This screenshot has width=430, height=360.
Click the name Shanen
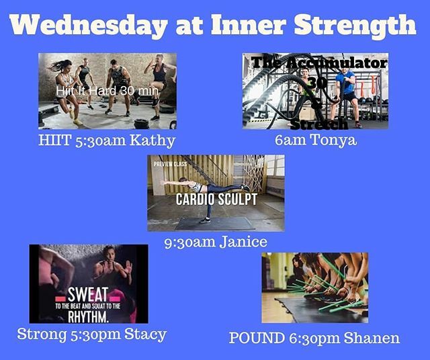[371, 338]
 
